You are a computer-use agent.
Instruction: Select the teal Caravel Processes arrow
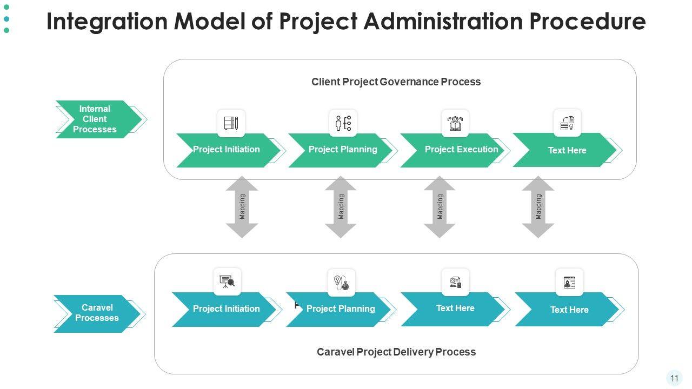coord(96,313)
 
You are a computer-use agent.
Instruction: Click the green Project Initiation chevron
coord(227,150)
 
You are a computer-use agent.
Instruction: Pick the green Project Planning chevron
coord(342,150)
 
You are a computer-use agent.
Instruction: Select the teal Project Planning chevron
coord(340,309)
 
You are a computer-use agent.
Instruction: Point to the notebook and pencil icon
coord(231,123)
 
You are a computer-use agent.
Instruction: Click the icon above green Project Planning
coord(343,123)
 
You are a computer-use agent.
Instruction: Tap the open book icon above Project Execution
coord(455,123)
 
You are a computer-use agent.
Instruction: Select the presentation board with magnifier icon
coord(227,281)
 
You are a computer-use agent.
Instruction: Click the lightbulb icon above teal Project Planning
coord(341,283)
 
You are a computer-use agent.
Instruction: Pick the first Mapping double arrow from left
coord(242,207)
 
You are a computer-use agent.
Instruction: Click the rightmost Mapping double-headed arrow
coord(538,207)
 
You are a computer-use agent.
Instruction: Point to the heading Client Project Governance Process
coord(396,82)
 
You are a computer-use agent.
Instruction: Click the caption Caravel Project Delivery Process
coord(396,352)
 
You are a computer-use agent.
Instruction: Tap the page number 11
coord(674,378)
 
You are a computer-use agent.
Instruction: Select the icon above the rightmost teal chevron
coord(569,282)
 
